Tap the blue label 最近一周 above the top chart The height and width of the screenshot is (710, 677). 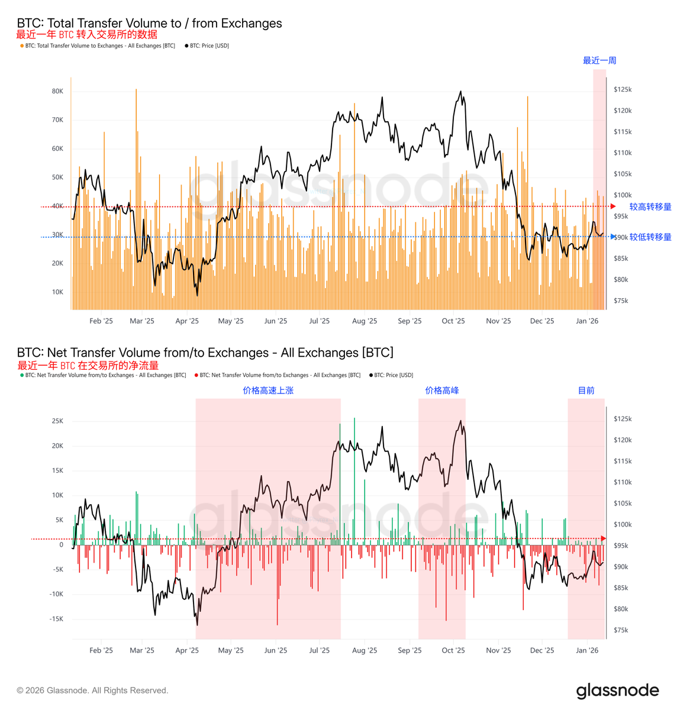tap(599, 60)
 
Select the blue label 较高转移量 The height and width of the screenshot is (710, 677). tap(650, 206)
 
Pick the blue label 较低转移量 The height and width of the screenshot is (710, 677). tap(650, 237)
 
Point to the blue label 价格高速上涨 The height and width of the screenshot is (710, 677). tap(268, 390)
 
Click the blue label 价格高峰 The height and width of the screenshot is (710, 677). tap(442, 390)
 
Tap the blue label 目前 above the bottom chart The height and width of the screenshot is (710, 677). tap(586, 390)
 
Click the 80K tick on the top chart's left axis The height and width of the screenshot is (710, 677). tap(57, 91)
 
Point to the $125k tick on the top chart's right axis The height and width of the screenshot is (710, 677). tap(623, 89)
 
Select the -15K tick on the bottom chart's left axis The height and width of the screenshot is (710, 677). tap(56, 619)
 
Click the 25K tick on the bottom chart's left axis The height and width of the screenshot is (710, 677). tap(57, 421)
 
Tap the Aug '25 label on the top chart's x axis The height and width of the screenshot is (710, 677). tap(365, 321)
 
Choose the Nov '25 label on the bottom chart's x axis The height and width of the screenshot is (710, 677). tap(498, 650)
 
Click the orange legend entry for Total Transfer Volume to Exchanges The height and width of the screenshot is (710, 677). tap(99, 46)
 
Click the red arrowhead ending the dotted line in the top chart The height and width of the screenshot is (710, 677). tap(613, 206)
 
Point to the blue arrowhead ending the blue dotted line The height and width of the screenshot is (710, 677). tap(613, 237)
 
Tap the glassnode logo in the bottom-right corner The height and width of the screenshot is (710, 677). tap(617, 690)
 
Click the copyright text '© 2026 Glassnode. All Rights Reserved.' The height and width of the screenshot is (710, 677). tap(92, 690)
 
